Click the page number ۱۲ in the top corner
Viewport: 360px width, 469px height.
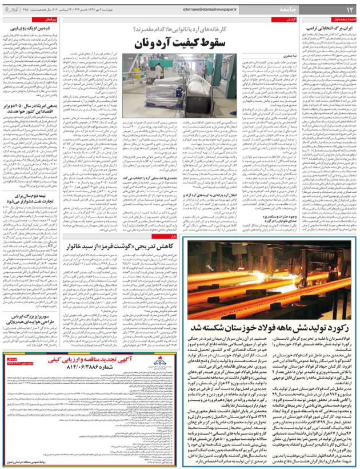tap(349, 7)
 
